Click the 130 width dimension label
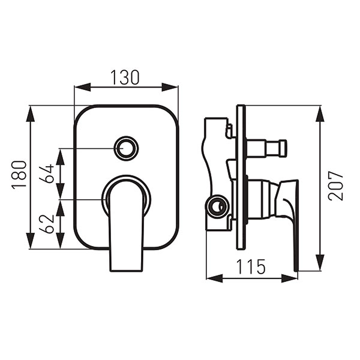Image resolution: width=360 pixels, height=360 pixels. pyautogui.click(x=125, y=77)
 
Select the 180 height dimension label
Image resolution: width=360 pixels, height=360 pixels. pyautogui.click(x=19, y=175)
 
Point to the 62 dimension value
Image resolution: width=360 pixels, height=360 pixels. pyautogui.click(x=46, y=224)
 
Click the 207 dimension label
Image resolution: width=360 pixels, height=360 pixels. pyautogui.click(x=336, y=186)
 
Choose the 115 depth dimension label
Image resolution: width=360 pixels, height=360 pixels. pyautogui.click(x=251, y=267)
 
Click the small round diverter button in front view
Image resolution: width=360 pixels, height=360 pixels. pyautogui.click(x=127, y=148)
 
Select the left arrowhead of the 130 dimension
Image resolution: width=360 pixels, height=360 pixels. pyautogui.click(x=82, y=87)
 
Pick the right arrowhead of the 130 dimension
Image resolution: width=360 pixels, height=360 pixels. pyautogui.click(x=170, y=87)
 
